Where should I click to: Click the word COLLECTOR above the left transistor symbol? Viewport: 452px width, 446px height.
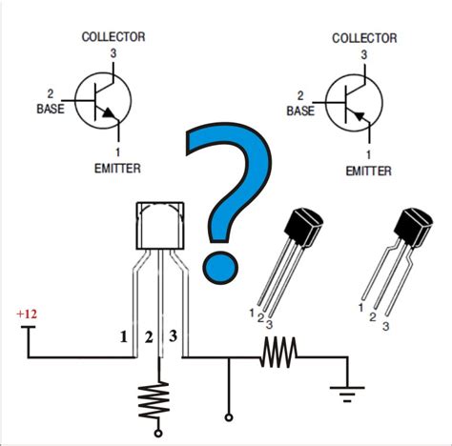pos(113,37)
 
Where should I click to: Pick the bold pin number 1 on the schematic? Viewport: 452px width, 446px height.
pos(123,336)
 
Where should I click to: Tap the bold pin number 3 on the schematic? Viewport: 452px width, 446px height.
pos(173,336)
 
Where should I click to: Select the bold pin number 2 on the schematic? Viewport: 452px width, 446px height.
pos(148,336)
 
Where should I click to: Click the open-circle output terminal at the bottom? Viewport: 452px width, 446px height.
pos(228,416)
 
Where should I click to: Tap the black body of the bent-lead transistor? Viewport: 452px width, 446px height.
pos(415,231)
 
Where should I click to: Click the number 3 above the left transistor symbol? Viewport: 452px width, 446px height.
pos(113,52)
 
